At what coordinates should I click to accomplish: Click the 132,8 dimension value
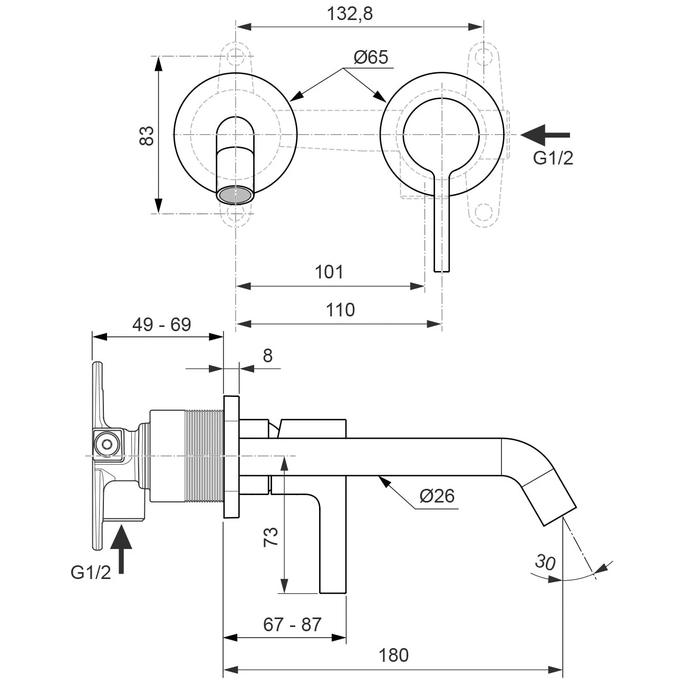(350, 14)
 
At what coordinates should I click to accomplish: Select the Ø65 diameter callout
(371, 57)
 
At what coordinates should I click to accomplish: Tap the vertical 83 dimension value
(147, 136)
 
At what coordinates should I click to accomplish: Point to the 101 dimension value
(329, 272)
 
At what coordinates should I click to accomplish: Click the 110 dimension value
(340, 310)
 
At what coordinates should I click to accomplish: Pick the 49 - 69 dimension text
(161, 324)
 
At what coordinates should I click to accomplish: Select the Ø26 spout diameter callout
(437, 496)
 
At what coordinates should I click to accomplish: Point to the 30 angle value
(545, 562)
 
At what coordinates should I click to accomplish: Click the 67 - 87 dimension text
(292, 624)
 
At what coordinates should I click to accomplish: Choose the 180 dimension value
(393, 655)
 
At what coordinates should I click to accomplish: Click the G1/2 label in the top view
(553, 158)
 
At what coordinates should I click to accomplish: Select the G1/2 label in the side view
(91, 572)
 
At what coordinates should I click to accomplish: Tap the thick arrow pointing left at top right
(545, 135)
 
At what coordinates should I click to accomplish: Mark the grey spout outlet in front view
(235, 195)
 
